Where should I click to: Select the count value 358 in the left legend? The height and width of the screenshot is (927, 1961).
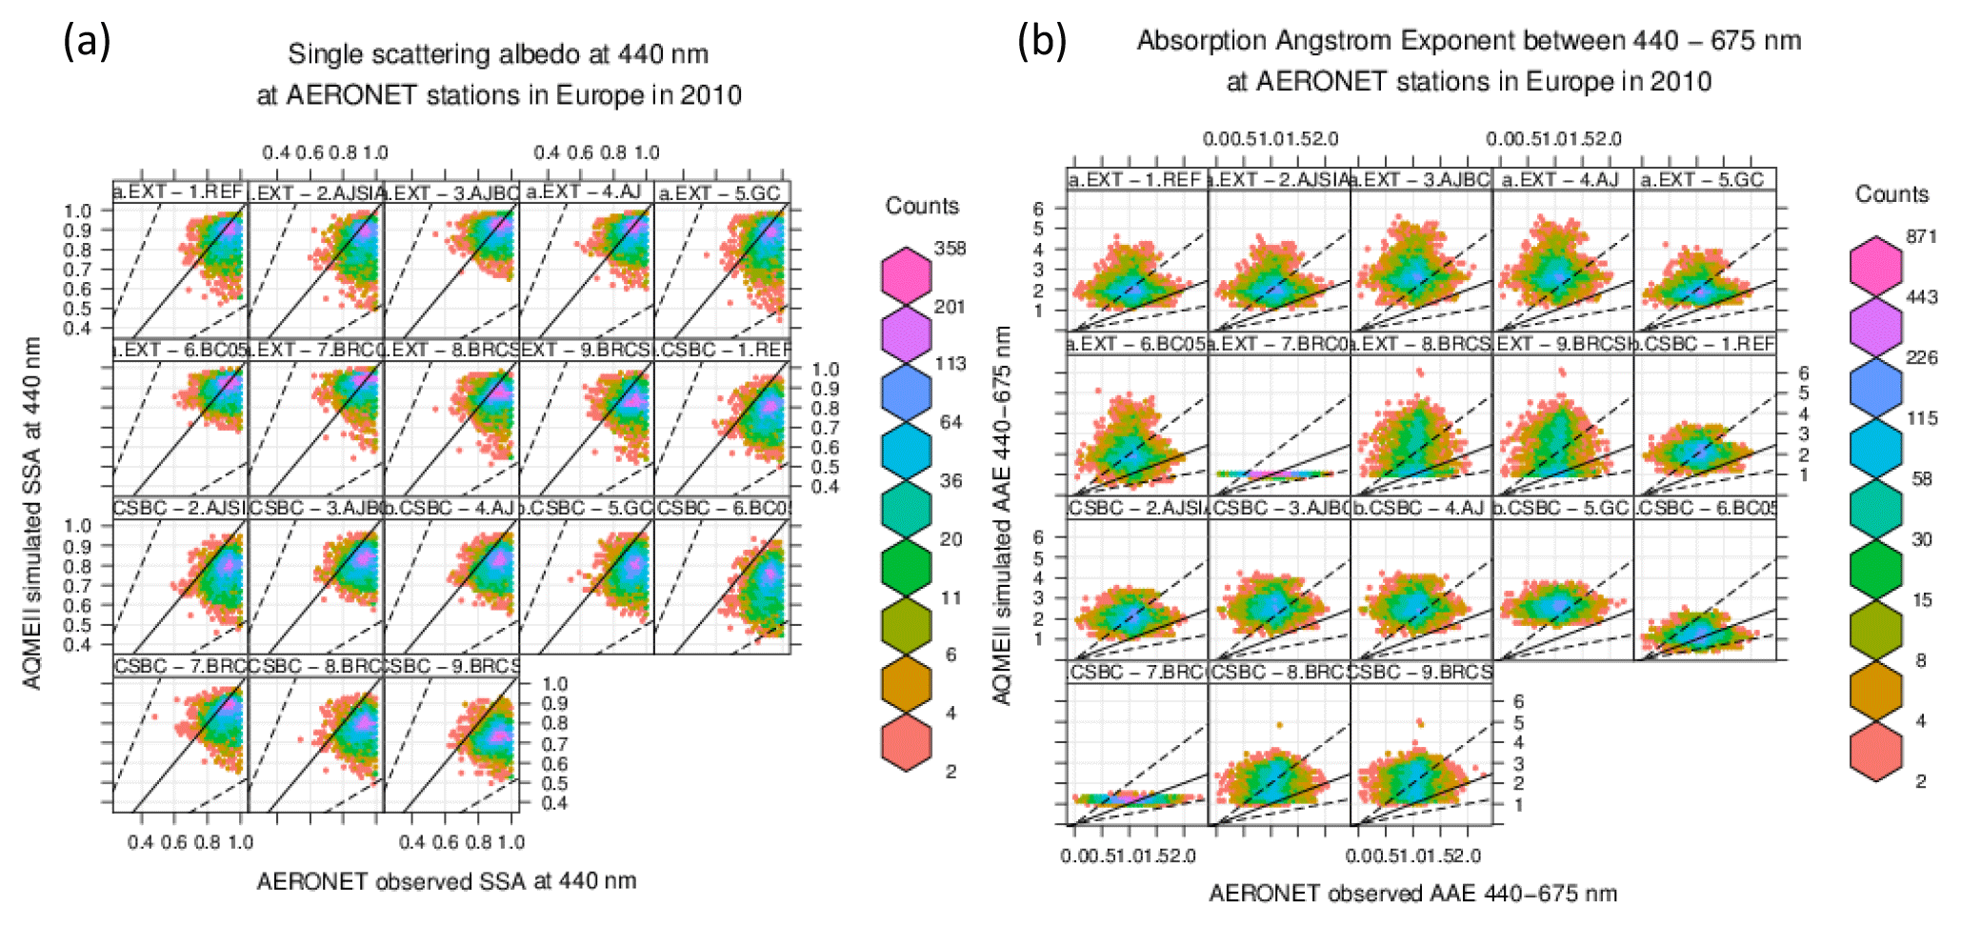950,248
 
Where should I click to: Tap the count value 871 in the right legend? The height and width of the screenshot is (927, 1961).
1921,236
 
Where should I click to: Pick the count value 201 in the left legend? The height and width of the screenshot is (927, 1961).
950,307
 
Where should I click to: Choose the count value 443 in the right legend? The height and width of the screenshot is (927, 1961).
1921,297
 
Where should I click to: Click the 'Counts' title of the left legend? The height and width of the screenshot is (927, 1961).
922,206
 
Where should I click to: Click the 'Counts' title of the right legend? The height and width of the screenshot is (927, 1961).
1891,194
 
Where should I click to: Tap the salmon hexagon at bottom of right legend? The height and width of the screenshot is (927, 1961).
1875,753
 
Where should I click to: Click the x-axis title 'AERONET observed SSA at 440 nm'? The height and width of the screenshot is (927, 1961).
447,881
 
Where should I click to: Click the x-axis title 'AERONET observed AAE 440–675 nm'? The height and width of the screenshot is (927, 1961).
1412,894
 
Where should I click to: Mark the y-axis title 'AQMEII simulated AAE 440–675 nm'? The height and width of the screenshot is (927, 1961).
1002,514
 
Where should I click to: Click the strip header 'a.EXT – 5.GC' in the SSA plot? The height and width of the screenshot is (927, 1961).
720,193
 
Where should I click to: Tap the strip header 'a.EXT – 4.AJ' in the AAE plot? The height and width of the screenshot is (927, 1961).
1562,180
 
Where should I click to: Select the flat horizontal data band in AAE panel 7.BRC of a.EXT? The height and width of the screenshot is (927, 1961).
1277,474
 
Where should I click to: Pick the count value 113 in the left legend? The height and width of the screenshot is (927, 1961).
950,364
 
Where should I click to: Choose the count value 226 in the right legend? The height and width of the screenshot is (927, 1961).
1921,358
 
